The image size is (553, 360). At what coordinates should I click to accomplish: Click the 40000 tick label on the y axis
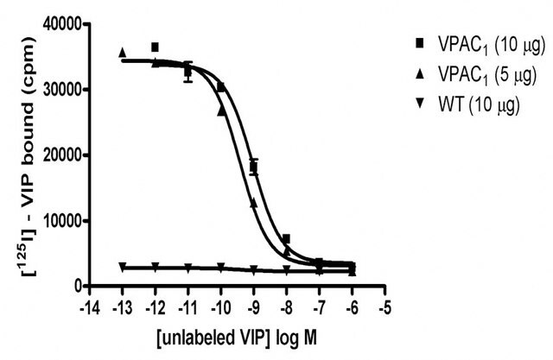point(61,24)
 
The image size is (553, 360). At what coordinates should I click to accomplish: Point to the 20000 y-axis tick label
point(61,155)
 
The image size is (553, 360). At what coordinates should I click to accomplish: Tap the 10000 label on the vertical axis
point(61,221)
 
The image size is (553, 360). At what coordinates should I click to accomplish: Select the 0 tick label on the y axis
point(78,286)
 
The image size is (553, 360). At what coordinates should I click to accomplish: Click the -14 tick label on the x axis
point(89,308)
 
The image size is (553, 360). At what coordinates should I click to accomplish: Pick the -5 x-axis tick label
point(385,308)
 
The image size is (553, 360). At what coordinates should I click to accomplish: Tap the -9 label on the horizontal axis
point(253,308)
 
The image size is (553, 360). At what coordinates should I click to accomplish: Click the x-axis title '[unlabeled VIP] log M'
point(237,338)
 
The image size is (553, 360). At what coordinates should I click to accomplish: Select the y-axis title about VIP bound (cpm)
point(30,155)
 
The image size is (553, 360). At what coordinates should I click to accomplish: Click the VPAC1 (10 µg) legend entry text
point(492,46)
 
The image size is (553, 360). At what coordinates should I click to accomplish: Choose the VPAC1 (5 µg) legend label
point(487,75)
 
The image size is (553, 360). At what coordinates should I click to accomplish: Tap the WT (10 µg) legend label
point(479,104)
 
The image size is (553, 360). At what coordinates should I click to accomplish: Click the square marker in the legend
point(420,43)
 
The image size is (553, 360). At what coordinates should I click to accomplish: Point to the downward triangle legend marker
point(420,104)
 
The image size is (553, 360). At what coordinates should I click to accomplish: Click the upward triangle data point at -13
point(123,53)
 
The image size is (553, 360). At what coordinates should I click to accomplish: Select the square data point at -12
point(156,47)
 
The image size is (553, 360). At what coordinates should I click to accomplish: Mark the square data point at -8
point(286,238)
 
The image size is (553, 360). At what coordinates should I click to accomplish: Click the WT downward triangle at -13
point(123,266)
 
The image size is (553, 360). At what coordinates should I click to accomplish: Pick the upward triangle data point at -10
point(221,111)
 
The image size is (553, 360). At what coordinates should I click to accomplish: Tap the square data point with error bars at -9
point(253,167)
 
